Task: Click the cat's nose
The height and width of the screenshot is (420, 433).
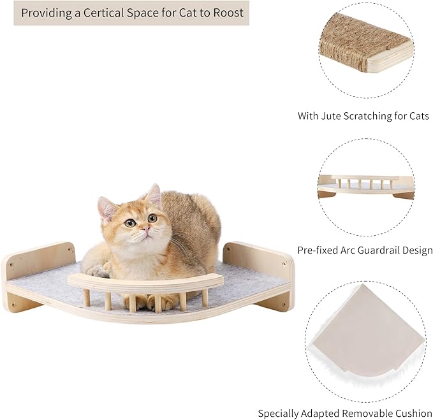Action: pos(145,229)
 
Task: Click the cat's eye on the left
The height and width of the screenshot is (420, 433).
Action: pos(130,223)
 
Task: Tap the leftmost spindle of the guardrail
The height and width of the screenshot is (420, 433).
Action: pos(86,298)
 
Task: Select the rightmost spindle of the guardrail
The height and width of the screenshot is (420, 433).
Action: pos(204,296)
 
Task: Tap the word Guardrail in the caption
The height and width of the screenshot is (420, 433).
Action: pos(376,250)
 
